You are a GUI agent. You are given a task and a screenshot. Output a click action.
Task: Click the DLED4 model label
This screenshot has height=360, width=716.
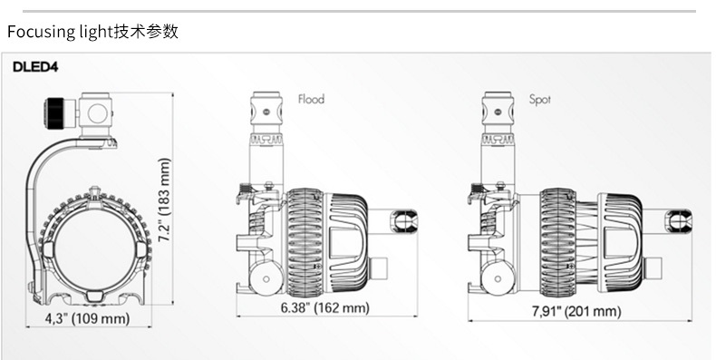[35, 67]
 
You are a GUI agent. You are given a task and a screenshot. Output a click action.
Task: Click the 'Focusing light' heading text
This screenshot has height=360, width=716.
[59, 32]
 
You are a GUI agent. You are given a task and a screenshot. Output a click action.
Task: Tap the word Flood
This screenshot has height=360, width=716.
[312, 99]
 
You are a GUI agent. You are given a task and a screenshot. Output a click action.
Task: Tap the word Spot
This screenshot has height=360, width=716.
[540, 99]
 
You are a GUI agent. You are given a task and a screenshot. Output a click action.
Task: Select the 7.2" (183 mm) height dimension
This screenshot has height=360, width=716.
[164, 199]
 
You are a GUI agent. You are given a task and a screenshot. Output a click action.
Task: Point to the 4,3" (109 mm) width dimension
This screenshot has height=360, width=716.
[87, 318]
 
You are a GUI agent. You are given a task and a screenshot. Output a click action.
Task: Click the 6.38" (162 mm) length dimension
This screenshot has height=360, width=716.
[324, 307]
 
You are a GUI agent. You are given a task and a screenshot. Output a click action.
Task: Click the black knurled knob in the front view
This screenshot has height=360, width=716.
[55, 111]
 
